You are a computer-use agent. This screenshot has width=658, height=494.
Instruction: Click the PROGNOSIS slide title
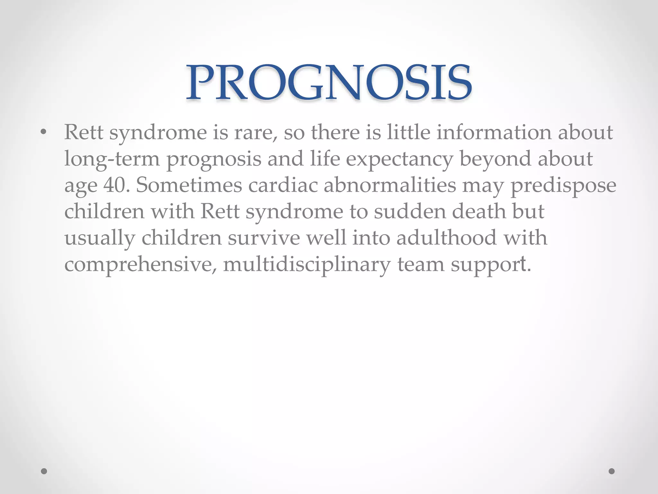point(329,82)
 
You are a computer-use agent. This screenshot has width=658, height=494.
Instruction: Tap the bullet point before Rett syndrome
point(44,133)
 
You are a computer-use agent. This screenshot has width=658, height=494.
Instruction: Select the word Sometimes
point(189,186)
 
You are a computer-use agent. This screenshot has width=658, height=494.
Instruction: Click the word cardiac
point(283,186)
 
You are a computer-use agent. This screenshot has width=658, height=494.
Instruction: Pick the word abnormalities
point(389,186)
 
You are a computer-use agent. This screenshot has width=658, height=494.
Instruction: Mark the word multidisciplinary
point(307,265)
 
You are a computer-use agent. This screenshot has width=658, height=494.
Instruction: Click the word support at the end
point(490,265)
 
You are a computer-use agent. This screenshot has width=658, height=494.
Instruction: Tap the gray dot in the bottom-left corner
point(44,471)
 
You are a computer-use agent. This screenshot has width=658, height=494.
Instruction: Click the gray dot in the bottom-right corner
point(612,471)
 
